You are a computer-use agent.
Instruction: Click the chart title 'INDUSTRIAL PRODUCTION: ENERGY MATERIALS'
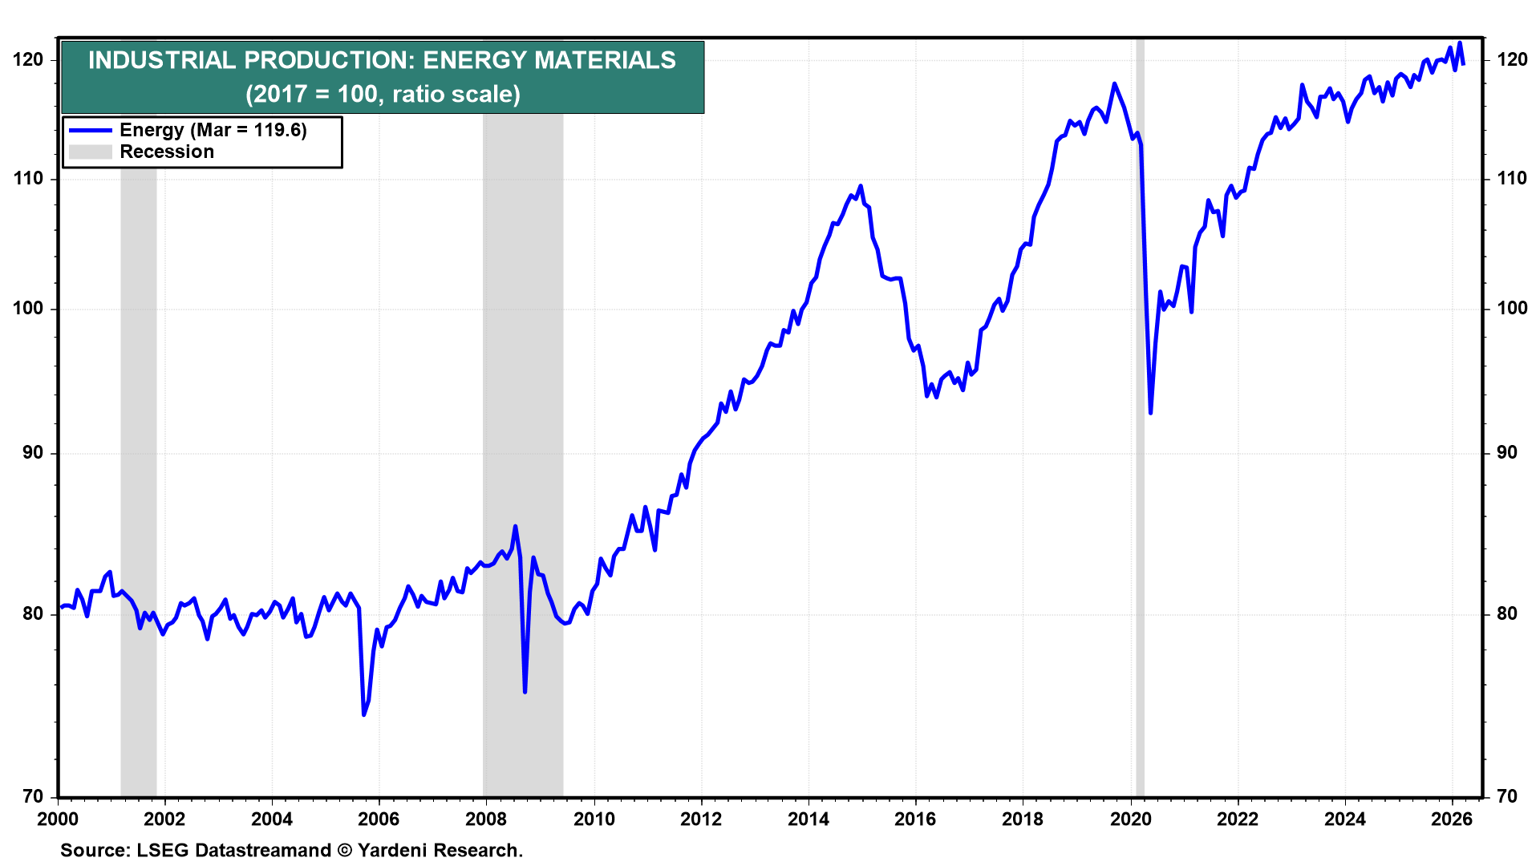[382, 60]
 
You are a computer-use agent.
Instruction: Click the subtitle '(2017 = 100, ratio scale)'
[383, 94]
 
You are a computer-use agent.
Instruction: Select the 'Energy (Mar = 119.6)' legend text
[213, 130]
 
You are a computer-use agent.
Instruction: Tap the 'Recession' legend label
[167, 152]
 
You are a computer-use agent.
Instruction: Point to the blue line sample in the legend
[90, 130]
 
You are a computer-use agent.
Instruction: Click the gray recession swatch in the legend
[90, 152]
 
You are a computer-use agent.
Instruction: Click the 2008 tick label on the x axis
[486, 819]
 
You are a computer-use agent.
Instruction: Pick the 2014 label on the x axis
[808, 819]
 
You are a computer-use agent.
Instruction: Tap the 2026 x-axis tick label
[1452, 819]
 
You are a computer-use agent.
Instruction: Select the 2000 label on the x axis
[58, 819]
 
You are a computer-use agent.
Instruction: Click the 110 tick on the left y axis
[29, 179]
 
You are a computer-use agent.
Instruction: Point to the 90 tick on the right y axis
[1507, 453]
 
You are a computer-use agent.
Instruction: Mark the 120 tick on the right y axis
[1512, 60]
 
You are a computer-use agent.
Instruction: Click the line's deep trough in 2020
[1150, 413]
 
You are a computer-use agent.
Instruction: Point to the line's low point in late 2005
[364, 714]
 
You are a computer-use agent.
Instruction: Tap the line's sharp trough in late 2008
[525, 692]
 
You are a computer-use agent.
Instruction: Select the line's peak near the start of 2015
[861, 186]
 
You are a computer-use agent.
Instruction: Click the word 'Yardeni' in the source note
[392, 851]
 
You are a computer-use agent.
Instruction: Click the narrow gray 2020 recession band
[1140, 417]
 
